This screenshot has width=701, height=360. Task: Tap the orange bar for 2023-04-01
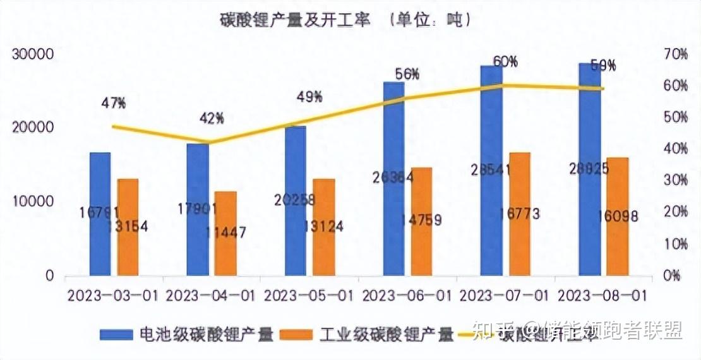click(x=225, y=234)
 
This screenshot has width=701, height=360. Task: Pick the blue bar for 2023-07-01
click(x=491, y=171)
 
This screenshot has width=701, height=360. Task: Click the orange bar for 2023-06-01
click(x=422, y=222)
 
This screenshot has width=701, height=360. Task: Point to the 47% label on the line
click(x=114, y=103)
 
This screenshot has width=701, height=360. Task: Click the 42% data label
click(x=212, y=118)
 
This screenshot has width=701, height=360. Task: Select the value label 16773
click(x=519, y=213)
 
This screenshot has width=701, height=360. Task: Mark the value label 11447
click(x=225, y=232)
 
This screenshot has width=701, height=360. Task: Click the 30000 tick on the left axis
click(x=31, y=55)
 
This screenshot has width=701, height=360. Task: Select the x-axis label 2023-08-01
click(x=602, y=296)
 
